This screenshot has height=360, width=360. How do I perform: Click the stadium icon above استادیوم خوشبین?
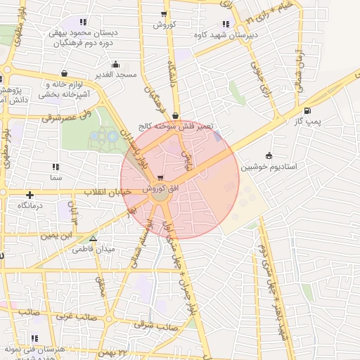tap(269, 155)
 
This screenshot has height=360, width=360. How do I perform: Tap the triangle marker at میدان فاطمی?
tap(93, 239)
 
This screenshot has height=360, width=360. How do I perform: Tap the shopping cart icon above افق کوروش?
tap(162, 177)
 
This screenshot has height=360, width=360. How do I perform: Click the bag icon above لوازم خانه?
tap(65, 72)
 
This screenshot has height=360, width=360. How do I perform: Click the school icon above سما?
tap(56, 167)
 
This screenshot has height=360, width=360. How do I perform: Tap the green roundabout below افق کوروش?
tap(161, 198)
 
